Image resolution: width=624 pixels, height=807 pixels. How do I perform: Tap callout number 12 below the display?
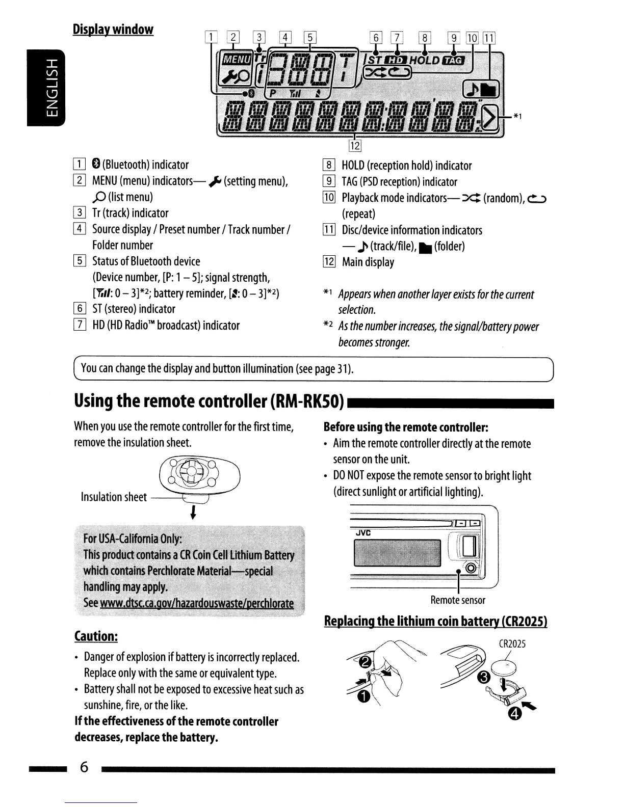(355, 146)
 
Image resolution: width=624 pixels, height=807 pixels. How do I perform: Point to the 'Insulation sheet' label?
(114, 497)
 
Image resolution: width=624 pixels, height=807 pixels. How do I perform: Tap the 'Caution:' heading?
(96, 636)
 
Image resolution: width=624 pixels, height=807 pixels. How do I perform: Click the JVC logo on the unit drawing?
(362, 533)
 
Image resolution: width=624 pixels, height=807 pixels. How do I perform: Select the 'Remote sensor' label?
(458, 600)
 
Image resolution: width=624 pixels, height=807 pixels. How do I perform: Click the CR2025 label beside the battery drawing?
(512, 643)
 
